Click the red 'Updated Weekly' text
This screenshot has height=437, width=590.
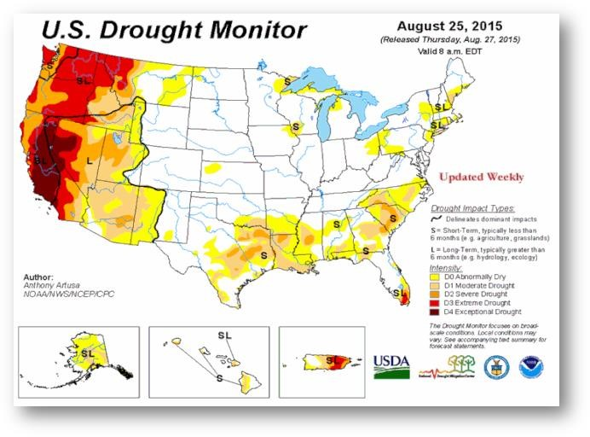coord(481,178)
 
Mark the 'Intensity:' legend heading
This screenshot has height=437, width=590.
coord(448,267)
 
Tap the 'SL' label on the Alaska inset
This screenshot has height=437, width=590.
coord(89,352)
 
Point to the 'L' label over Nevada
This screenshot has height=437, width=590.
coord(88,160)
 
